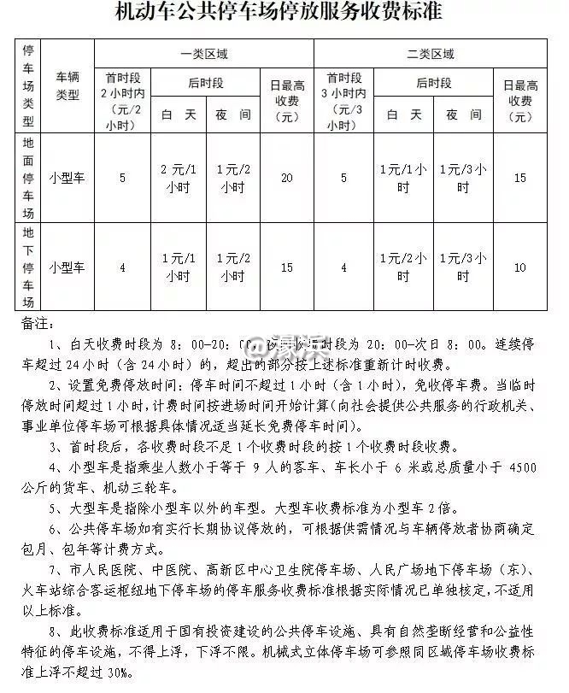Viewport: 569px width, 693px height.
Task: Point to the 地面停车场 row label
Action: click(x=28, y=178)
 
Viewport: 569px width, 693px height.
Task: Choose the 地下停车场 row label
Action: click(x=28, y=267)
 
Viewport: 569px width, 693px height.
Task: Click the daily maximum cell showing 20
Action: click(x=286, y=178)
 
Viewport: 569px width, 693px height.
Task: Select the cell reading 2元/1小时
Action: click(x=178, y=178)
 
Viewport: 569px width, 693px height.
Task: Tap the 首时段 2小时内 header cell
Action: click(x=123, y=101)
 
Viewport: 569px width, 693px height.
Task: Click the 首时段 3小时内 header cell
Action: click(x=344, y=101)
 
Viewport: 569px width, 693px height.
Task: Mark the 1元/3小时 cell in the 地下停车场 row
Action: click(x=462, y=267)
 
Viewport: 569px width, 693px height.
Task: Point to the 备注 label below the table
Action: click(x=37, y=326)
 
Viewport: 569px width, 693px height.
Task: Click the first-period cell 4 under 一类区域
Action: click(x=123, y=267)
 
